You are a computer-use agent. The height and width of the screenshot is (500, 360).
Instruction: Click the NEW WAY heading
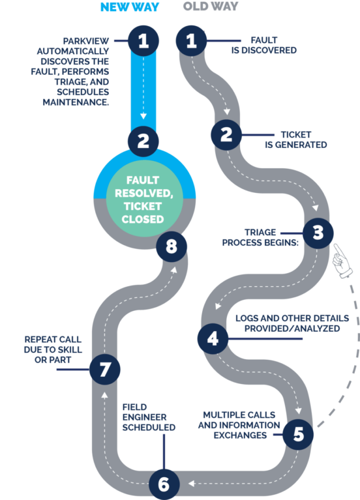coord(130,7)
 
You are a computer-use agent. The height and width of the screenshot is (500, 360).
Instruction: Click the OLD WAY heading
coord(211,6)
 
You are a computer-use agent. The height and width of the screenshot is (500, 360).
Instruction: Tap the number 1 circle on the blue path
coord(143,41)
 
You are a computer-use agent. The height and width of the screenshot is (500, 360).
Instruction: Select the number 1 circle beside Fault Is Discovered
coord(191,41)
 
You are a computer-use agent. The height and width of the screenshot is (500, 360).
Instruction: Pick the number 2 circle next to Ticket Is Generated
coord(226,135)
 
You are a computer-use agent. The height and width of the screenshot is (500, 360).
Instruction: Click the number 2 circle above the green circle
coord(143,141)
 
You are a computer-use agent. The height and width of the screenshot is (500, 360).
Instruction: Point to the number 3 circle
coord(318,233)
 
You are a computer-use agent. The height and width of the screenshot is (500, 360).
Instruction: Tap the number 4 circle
coord(213,338)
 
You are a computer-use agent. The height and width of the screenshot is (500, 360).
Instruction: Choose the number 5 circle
coord(298,434)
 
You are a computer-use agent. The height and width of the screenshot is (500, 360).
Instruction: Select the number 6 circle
coord(164,484)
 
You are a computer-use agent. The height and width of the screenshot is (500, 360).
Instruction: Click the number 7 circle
coord(105,369)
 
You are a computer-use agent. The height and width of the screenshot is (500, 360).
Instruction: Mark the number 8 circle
coord(172,246)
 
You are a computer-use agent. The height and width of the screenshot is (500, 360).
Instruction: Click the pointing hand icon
coord(342,261)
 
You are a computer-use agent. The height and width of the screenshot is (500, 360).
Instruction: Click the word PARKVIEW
coord(86,41)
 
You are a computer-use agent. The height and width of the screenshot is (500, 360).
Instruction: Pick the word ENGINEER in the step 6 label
coord(144,417)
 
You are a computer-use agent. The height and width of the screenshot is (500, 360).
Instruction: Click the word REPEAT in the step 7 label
coord(40,339)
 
